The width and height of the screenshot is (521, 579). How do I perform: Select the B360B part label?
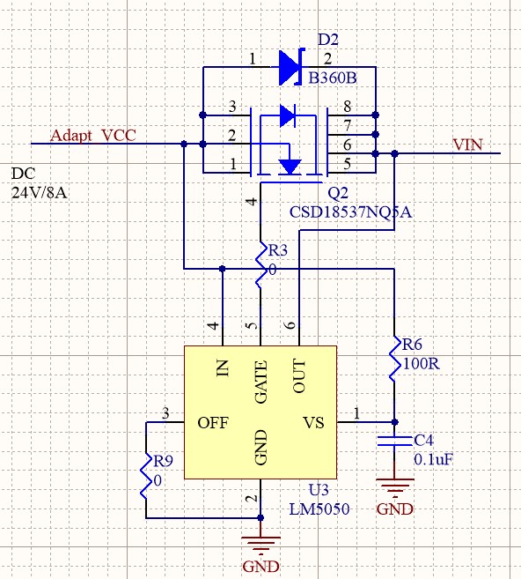click(x=332, y=78)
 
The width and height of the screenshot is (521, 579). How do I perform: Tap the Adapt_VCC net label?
click(x=93, y=136)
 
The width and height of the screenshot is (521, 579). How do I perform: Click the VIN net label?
click(x=467, y=145)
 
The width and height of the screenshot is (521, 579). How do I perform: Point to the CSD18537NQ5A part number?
click(x=350, y=212)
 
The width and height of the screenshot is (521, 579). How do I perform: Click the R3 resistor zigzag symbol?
click(x=261, y=265)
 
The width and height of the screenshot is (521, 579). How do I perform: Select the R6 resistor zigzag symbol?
click(x=395, y=359)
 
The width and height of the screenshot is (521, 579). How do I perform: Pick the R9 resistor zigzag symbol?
click(x=146, y=475)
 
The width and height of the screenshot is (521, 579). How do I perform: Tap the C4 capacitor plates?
click(x=394, y=442)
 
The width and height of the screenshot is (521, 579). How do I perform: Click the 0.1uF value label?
click(x=433, y=460)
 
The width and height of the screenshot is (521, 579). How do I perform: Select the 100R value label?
click(x=421, y=364)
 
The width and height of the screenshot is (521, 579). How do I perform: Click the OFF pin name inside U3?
click(x=213, y=423)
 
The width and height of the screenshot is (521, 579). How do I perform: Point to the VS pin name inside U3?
click(x=313, y=423)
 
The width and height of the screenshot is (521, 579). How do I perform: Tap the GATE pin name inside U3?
click(x=260, y=382)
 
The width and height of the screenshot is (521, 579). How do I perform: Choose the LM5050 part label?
click(x=319, y=509)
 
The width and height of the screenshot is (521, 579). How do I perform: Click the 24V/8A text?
click(x=39, y=193)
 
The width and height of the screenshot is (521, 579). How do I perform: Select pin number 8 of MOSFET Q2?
click(x=348, y=107)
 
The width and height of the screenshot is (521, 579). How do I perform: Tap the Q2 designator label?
click(x=338, y=193)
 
